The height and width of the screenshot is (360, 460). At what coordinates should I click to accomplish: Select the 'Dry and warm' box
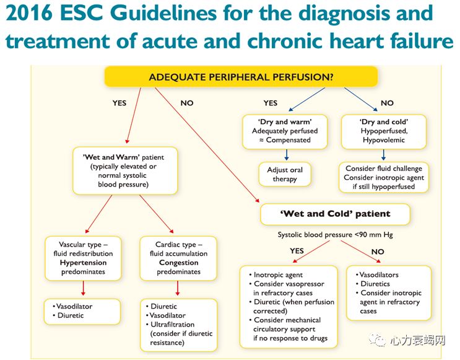[x=285, y=131]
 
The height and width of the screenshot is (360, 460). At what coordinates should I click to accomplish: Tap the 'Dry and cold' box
[x=383, y=131]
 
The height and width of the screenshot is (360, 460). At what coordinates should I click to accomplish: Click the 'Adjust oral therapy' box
[x=285, y=175]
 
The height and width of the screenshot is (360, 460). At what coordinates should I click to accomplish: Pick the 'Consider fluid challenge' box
[x=383, y=177]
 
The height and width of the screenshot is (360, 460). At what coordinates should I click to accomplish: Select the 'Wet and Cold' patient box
[x=335, y=214]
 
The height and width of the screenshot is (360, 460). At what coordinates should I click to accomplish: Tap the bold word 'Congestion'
[x=178, y=263]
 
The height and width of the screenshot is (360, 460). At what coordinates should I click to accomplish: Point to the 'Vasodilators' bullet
[x=379, y=275]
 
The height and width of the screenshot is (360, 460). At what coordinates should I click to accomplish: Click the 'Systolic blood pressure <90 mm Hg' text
[x=335, y=235]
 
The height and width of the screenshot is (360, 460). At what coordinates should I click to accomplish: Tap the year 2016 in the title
[x=27, y=14]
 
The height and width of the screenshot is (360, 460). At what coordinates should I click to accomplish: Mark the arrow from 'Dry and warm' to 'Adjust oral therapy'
[x=285, y=154]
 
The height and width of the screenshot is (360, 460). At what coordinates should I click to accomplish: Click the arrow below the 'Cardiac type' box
[x=178, y=288]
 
